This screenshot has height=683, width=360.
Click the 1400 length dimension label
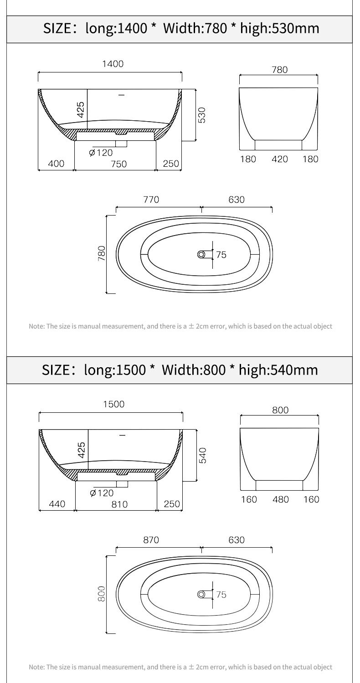[x=113, y=64]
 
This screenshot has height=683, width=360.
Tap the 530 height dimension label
[x=202, y=115]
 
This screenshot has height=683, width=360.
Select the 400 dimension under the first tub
[x=57, y=164]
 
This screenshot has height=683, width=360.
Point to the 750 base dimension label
[x=118, y=164]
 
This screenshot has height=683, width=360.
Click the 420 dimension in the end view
[x=279, y=159]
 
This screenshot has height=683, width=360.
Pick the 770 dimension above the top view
[x=151, y=200]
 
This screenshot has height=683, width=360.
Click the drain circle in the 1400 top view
[x=201, y=254]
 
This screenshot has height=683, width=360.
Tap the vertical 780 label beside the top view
[x=102, y=253]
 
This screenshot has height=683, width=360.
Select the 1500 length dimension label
[x=114, y=404]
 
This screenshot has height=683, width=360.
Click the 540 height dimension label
[x=203, y=455]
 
